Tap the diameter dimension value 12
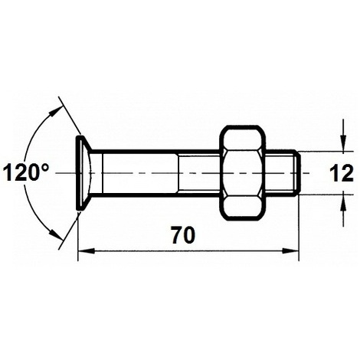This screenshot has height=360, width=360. [x=342, y=172]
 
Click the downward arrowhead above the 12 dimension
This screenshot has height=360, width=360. [x=341, y=146]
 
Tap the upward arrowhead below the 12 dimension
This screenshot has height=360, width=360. [x=341, y=201]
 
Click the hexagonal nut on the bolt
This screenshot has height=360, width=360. [x=244, y=172]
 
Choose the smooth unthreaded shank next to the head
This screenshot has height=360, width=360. [x=138, y=172]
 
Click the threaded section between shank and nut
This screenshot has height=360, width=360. [x=199, y=172]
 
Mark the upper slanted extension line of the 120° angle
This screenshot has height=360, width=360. [x=67, y=119]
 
